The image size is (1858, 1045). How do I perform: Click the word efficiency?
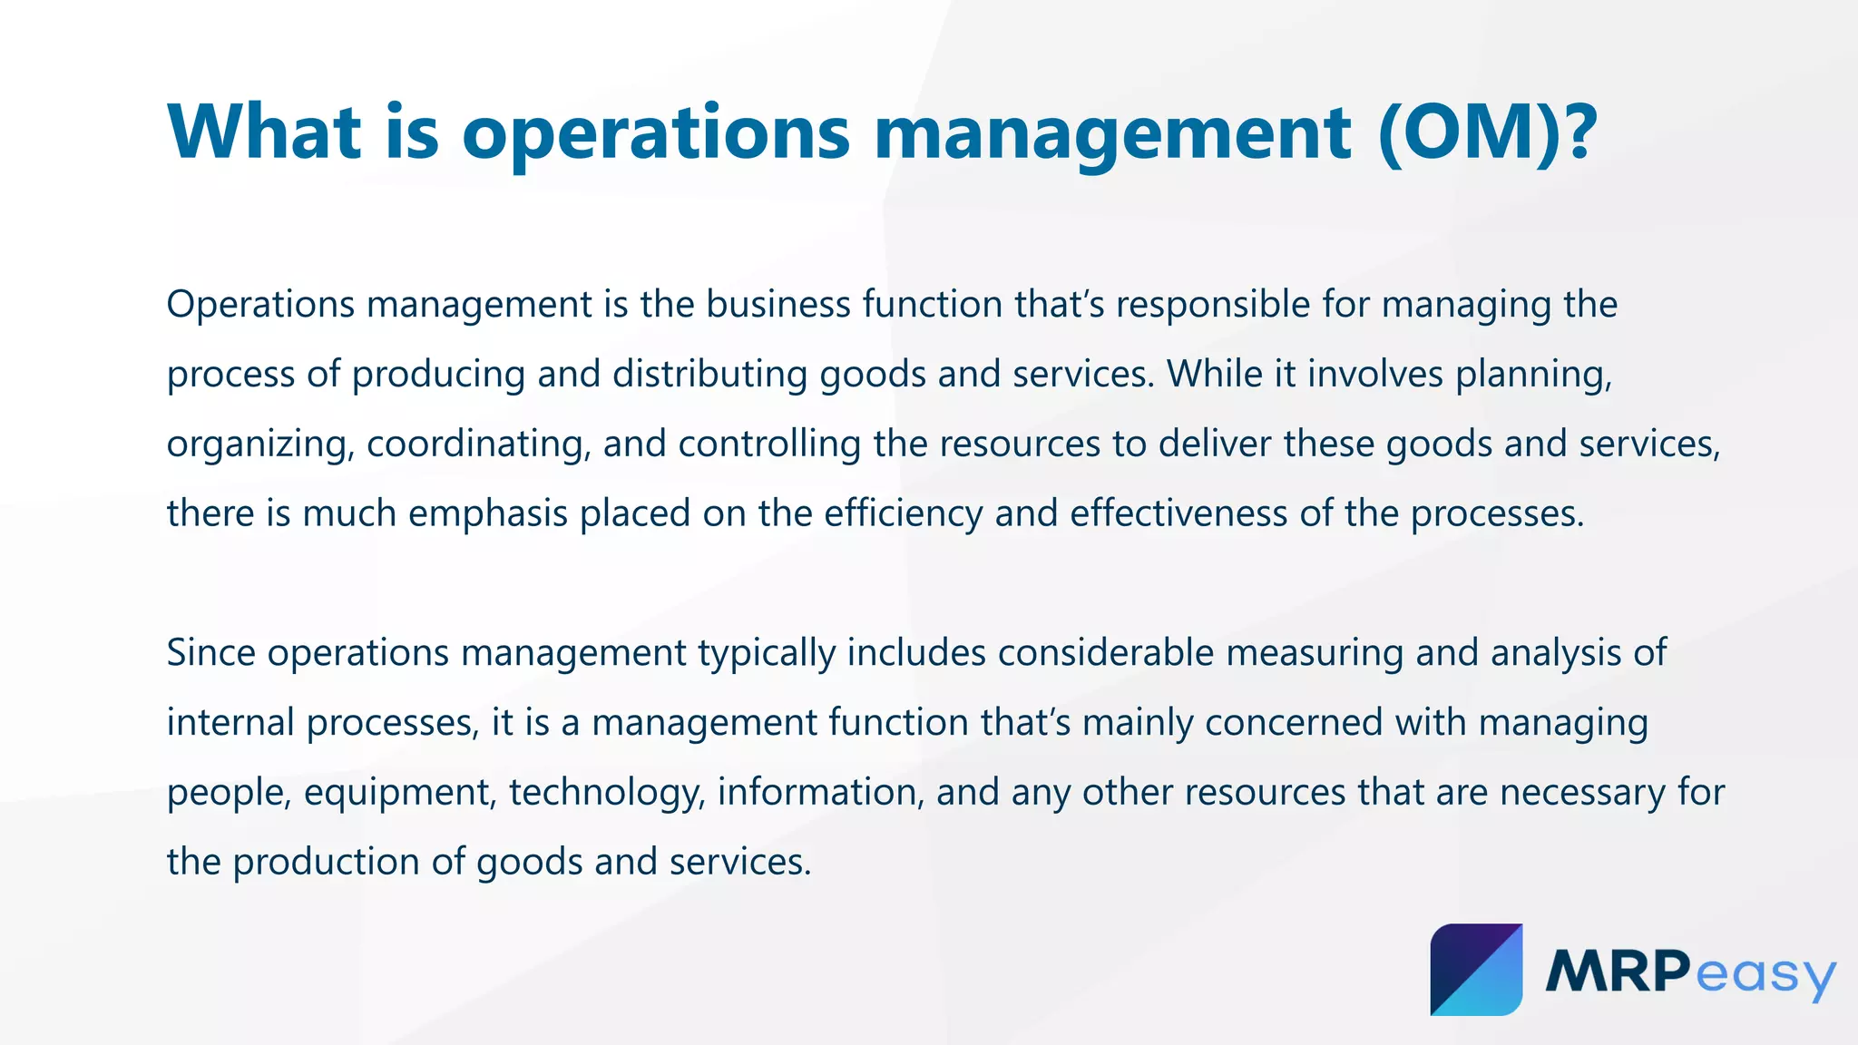(903, 513)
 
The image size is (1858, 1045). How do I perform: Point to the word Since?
(210, 653)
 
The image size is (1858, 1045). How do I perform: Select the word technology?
(607, 793)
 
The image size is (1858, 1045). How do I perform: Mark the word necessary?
(1582, 793)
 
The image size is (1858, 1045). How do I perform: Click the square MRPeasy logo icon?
(1476, 970)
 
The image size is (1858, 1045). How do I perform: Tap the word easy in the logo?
(1765, 975)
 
